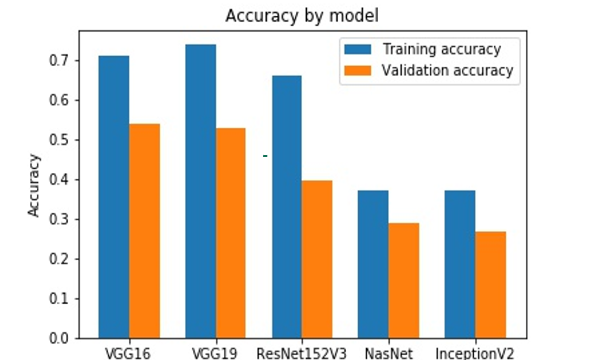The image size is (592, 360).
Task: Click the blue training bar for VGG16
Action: pos(114,197)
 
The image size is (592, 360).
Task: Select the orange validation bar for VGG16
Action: pos(144,231)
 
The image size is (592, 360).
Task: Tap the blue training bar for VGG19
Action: pos(201,191)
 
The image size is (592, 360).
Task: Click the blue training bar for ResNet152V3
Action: pos(287,207)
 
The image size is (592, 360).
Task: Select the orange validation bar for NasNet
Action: pos(403,281)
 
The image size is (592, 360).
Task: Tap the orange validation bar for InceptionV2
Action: pos(491,285)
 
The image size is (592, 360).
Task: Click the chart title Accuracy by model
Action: pos(302,16)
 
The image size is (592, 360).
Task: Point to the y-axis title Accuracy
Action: pos(34,185)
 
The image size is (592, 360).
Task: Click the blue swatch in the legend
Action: pos(357,49)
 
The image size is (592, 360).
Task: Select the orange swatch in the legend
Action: pos(357,70)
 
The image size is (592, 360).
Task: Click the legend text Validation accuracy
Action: pos(447,70)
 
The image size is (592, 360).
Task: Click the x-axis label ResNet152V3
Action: pos(302,353)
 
